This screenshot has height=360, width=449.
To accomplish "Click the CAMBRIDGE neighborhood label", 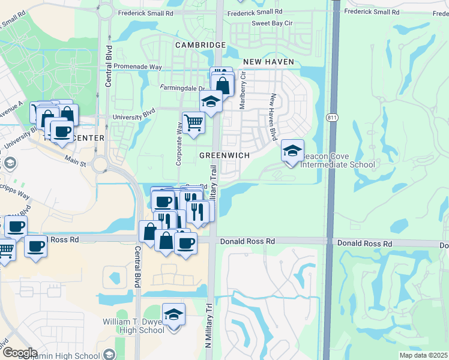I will click(x=200, y=45).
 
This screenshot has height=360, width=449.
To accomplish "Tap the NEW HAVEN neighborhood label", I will click(x=268, y=62).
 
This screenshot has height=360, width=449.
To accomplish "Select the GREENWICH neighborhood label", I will click(x=224, y=155).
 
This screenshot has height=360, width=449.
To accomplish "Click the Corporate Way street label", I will click(x=179, y=144).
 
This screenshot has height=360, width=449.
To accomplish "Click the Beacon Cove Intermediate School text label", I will click(x=338, y=160).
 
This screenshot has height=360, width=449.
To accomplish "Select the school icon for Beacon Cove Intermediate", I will click(x=292, y=151).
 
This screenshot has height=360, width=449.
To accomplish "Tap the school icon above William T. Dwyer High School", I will click(x=173, y=315).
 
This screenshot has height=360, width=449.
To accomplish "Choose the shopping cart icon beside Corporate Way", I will click(x=193, y=123).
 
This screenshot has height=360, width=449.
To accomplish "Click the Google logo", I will click(x=20, y=352).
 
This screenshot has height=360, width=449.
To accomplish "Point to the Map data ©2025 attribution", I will click(x=423, y=355).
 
